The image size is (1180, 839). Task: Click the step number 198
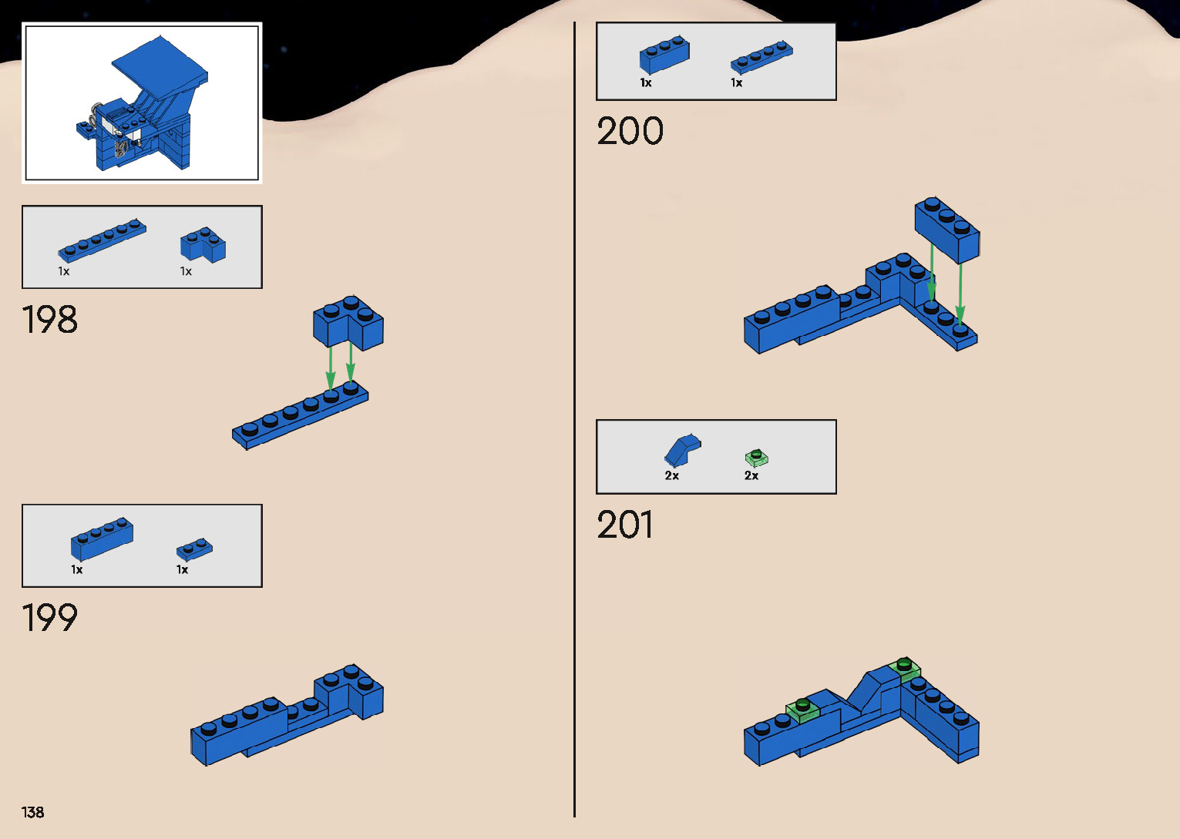click(x=50, y=320)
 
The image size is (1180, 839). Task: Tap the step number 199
click(x=50, y=618)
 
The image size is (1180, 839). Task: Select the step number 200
click(x=630, y=131)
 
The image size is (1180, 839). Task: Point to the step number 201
click(x=625, y=525)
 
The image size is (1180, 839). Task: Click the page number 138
click(x=33, y=812)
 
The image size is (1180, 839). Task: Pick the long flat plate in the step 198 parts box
click(x=102, y=240)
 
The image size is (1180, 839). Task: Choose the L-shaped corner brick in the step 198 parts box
click(x=203, y=244)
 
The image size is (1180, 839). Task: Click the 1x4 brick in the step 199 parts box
click(x=102, y=538)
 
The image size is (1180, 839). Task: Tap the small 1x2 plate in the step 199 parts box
click(x=194, y=549)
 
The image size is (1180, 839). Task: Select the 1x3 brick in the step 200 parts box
click(x=664, y=55)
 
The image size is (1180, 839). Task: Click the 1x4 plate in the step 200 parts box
click(x=761, y=57)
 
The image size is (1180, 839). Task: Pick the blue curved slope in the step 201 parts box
click(x=682, y=450)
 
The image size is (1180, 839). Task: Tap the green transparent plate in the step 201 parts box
click(x=757, y=458)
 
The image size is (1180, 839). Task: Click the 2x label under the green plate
click(x=751, y=476)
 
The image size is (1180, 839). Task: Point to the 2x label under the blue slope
click(x=672, y=476)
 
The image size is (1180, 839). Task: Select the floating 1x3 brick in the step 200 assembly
click(x=947, y=229)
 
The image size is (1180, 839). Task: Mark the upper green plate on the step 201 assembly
click(x=905, y=668)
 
